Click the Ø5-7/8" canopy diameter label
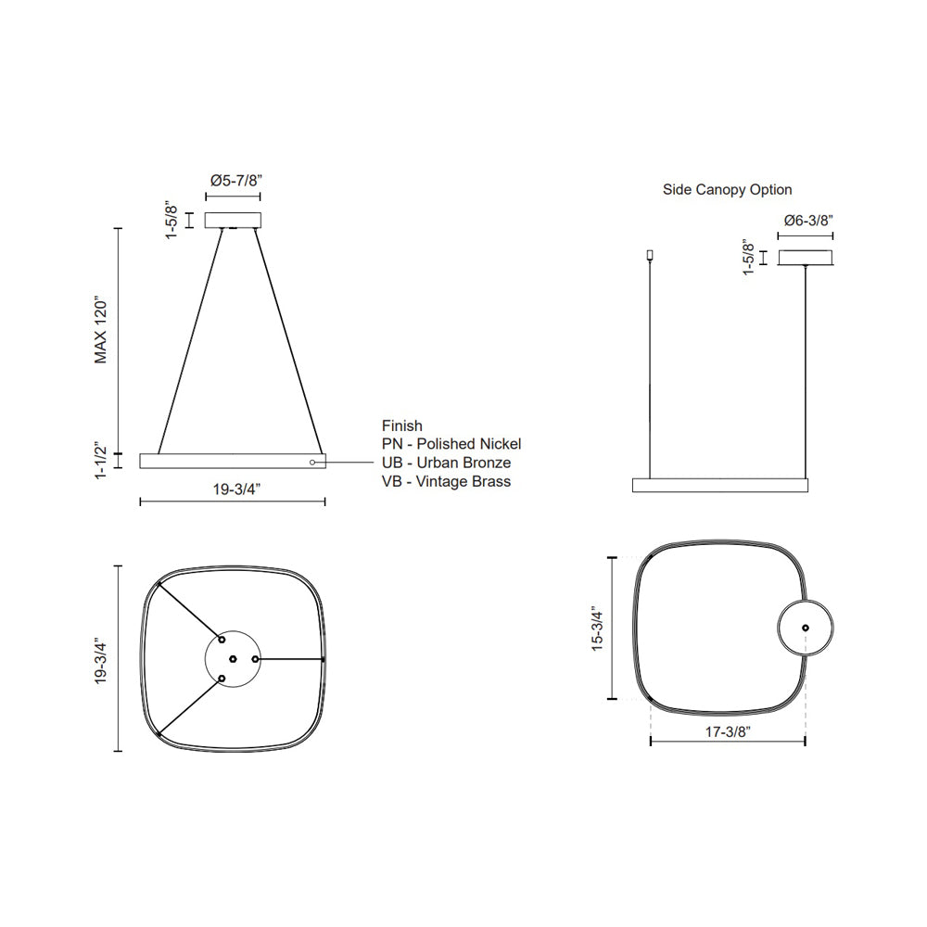(x=233, y=180)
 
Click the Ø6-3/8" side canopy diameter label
(x=807, y=221)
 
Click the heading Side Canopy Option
(x=727, y=189)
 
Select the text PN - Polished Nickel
(x=451, y=444)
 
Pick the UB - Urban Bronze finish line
(x=446, y=463)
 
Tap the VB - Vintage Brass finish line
(x=446, y=481)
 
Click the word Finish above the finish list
(x=401, y=425)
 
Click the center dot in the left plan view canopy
(x=233, y=659)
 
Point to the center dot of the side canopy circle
(x=805, y=628)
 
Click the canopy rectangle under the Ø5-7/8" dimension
(x=233, y=220)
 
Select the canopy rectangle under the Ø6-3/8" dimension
(x=806, y=258)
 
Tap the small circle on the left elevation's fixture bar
(x=312, y=461)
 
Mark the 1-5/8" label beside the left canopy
(x=171, y=221)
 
